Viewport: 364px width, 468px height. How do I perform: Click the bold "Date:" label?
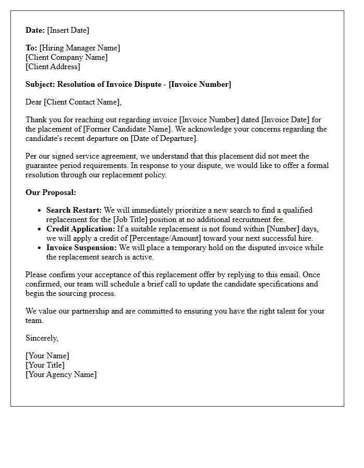point(35,30)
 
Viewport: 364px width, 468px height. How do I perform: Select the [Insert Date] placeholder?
point(68,30)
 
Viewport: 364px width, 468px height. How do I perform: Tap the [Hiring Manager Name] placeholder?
point(80,48)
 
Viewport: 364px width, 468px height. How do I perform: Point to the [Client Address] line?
point(53,67)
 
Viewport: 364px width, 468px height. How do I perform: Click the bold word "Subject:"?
point(41,84)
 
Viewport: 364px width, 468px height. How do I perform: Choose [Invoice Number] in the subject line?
point(200,84)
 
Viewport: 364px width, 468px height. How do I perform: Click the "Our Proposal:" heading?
point(51,192)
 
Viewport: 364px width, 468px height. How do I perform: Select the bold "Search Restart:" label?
point(74,210)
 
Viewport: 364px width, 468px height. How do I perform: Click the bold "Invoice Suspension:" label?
point(82,248)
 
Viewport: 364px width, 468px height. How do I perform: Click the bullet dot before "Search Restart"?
point(40,211)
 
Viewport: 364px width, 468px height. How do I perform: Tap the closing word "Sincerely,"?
point(42,338)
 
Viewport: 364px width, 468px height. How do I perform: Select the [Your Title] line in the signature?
point(45,365)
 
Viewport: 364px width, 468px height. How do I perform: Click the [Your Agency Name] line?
point(61,374)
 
